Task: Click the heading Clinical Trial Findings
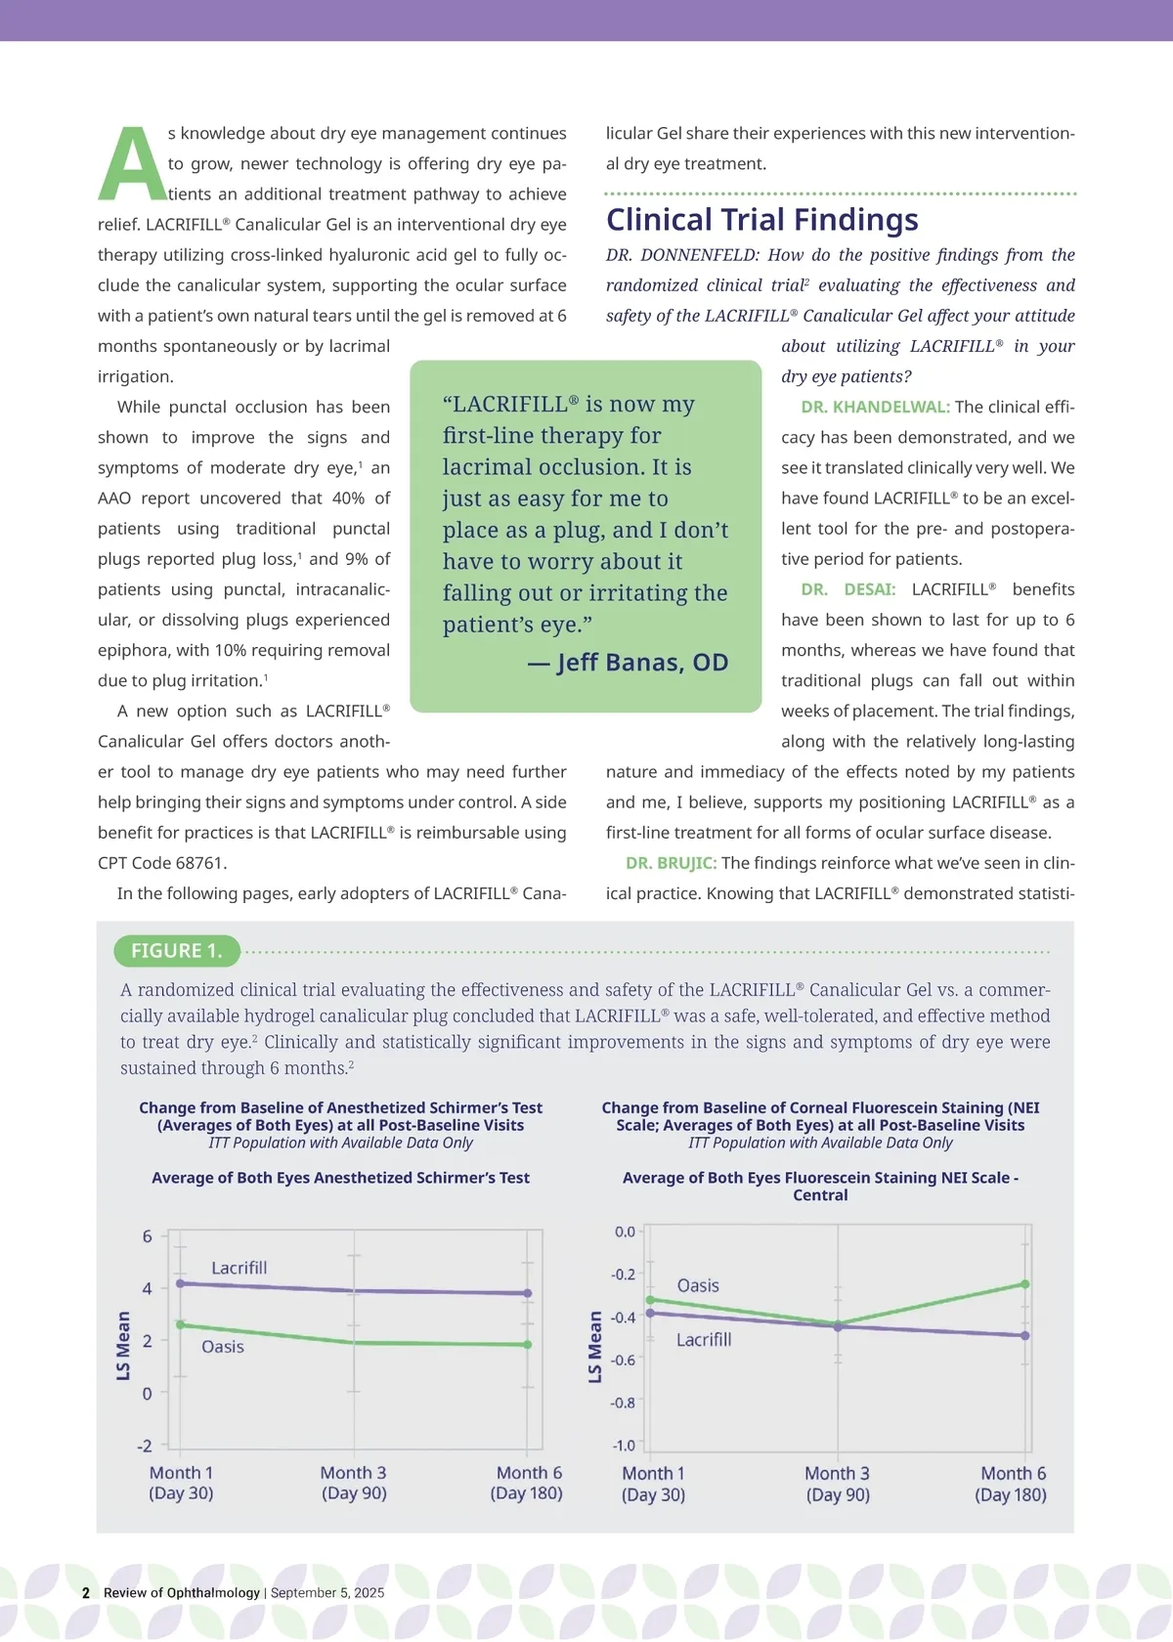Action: pos(761,220)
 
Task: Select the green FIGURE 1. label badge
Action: pos(177,951)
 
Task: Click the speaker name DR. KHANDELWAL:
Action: pos(875,408)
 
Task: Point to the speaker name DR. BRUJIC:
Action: pos(671,864)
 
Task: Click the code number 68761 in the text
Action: pos(199,864)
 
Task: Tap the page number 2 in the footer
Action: pos(86,1592)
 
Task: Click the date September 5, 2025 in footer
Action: pos(327,1592)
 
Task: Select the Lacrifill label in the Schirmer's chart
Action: pos(239,1268)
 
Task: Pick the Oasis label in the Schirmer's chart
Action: pos(222,1347)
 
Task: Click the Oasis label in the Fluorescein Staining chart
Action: pos(698,1286)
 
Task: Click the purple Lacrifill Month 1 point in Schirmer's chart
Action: pos(180,1283)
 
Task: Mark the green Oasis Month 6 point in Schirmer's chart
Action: pos(528,1345)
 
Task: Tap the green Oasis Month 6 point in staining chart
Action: pos(1025,1284)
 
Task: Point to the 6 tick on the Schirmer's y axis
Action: pos(148,1236)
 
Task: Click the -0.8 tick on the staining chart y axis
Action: pos(623,1403)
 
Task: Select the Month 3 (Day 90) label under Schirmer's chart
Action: pos(354,1483)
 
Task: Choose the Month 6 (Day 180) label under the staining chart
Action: pos(1012,1484)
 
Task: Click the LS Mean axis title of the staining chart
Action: pos(595,1347)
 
